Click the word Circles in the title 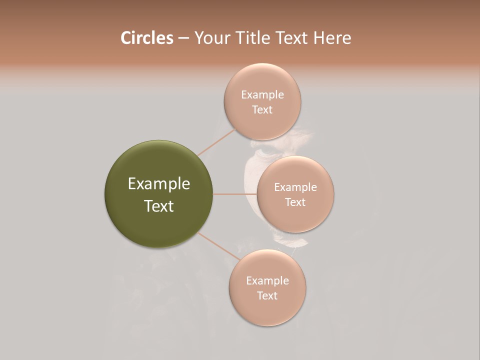pyautogui.click(x=146, y=38)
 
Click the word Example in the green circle pyautogui.click(x=158, y=184)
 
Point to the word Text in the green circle pyautogui.click(x=158, y=206)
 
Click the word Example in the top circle pyautogui.click(x=262, y=95)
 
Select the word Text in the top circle pyautogui.click(x=262, y=110)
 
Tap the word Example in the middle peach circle pyautogui.click(x=295, y=187)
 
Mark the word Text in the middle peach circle pyautogui.click(x=295, y=202)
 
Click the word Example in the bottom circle pyautogui.click(x=267, y=281)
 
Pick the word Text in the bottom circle pyautogui.click(x=267, y=296)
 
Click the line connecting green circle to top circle pyautogui.click(x=216, y=142)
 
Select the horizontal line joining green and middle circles pyautogui.click(x=235, y=193)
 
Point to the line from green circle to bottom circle pyautogui.click(x=219, y=246)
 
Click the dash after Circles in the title pyautogui.click(x=183, y=38)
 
